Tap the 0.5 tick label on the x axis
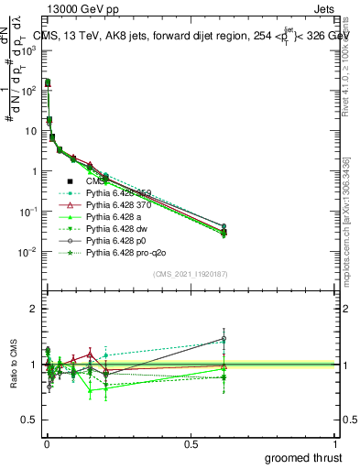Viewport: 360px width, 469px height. (191, 442)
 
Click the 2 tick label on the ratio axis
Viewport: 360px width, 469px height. (34, 309)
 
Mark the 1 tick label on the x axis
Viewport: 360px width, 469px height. (335, 442)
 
